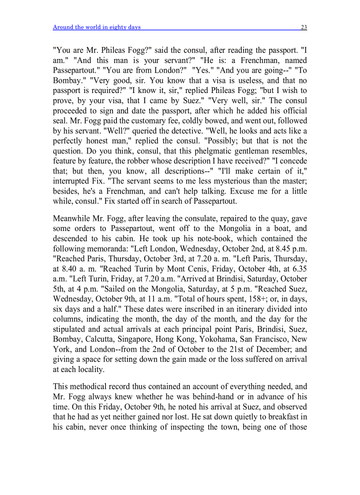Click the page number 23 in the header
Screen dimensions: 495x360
[x=304, y=27]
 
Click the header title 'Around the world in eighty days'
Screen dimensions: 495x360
[x=97, y=27]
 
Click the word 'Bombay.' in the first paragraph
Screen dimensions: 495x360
[x=66, y=80]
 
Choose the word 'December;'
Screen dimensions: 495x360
[x=275, y=350]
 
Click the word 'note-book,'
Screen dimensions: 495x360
[x=182, y=238]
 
